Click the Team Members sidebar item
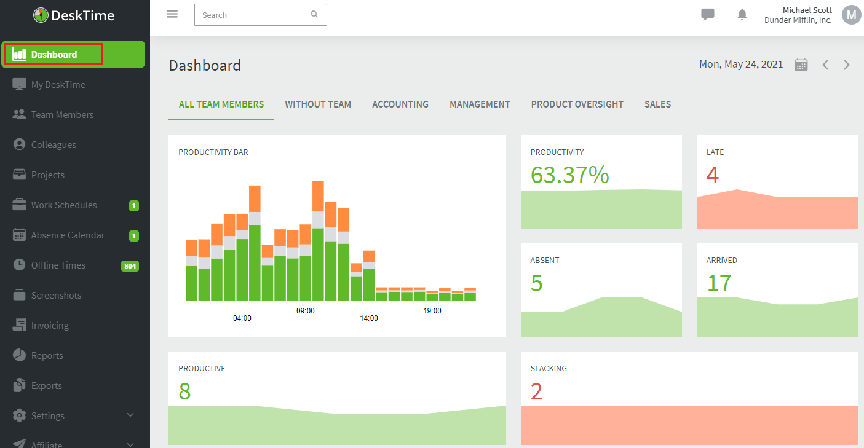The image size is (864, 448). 62,115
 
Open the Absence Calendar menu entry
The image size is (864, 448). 68,235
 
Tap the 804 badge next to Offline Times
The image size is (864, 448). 130,266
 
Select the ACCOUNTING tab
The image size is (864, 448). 400,104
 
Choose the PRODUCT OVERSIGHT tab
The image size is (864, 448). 577,104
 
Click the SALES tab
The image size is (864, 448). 657,104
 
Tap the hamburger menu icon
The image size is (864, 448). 172,14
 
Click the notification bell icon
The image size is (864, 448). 742,15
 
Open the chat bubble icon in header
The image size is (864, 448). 708,15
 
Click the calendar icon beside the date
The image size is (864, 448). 801,65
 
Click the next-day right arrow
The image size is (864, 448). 847,65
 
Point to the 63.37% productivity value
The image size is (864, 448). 569,175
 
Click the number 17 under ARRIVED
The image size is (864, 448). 719,283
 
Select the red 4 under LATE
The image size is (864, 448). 712,175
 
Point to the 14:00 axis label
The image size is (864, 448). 369,318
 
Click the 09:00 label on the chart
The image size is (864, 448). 306,311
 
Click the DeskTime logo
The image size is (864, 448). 74,16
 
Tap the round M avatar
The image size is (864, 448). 851,15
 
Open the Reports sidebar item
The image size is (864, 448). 47,356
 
